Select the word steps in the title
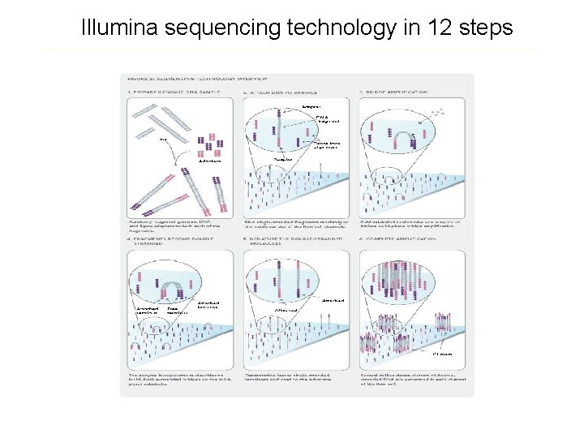tap(482, 28)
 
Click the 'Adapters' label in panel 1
tap(208, 160)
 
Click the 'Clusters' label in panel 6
tap(443, 354)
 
